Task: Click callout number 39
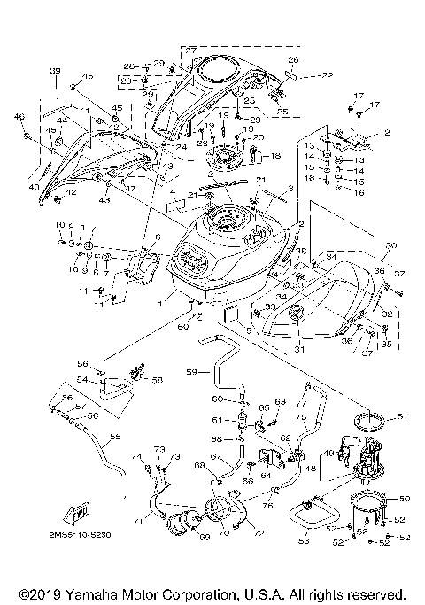pyautogui.click(x=55, y=70)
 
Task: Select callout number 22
pyautogui.click(x=303, y=74)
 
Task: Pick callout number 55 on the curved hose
pyautogui.click(x=114, y=437)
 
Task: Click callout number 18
pyautogui.click(x=276, y=156)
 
